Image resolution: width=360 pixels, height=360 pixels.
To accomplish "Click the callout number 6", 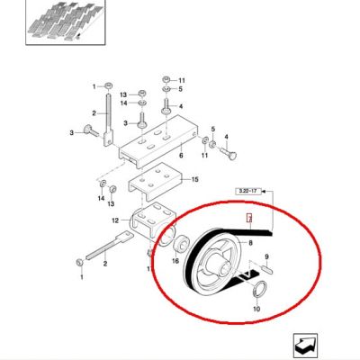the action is [181, 156].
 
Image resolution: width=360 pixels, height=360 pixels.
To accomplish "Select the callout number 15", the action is [195, 179].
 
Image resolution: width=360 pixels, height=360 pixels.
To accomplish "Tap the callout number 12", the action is [115, 220].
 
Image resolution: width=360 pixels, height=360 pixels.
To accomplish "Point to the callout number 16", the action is [175, 261].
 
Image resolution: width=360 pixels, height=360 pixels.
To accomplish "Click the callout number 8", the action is [250, 242].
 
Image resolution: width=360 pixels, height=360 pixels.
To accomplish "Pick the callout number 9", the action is [266, 256].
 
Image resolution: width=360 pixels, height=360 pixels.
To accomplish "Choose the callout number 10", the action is [256, 309].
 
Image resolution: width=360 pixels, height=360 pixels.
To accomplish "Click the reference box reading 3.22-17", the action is [248, 191].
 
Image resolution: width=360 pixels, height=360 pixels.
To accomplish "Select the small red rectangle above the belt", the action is [248, 218].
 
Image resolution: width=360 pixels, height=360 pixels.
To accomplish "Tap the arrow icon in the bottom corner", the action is [305, 346].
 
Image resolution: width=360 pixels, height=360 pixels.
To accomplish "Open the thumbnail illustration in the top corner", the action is [66, 22].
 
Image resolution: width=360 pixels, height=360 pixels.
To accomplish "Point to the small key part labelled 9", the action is [267, 267].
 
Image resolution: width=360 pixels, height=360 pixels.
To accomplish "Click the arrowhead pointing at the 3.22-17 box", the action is [264, 191].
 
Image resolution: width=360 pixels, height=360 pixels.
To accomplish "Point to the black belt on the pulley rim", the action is [193, 260].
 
